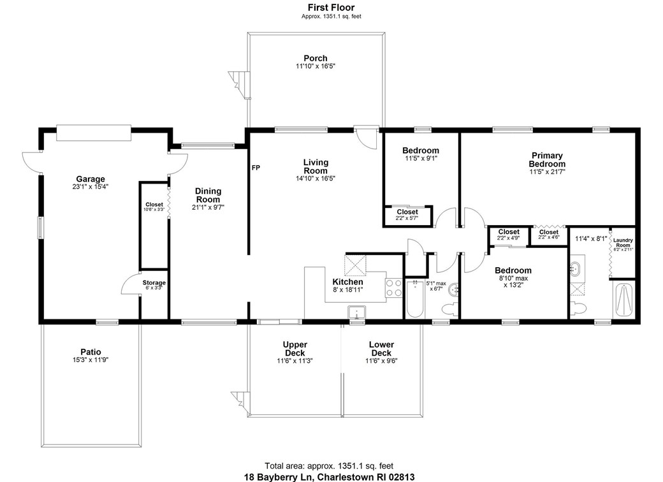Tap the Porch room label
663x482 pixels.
315,59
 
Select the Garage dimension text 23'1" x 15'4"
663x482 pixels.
91,187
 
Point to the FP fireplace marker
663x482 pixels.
256,168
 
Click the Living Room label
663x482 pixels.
315,166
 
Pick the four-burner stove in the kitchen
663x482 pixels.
393,288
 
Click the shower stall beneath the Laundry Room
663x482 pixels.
623,298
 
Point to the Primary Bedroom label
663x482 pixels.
547,159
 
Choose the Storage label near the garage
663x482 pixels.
154,282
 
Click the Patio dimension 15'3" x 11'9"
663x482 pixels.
91,360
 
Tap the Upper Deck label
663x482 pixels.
295,349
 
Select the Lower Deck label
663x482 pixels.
381,349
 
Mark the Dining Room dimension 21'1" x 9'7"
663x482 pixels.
208,207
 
